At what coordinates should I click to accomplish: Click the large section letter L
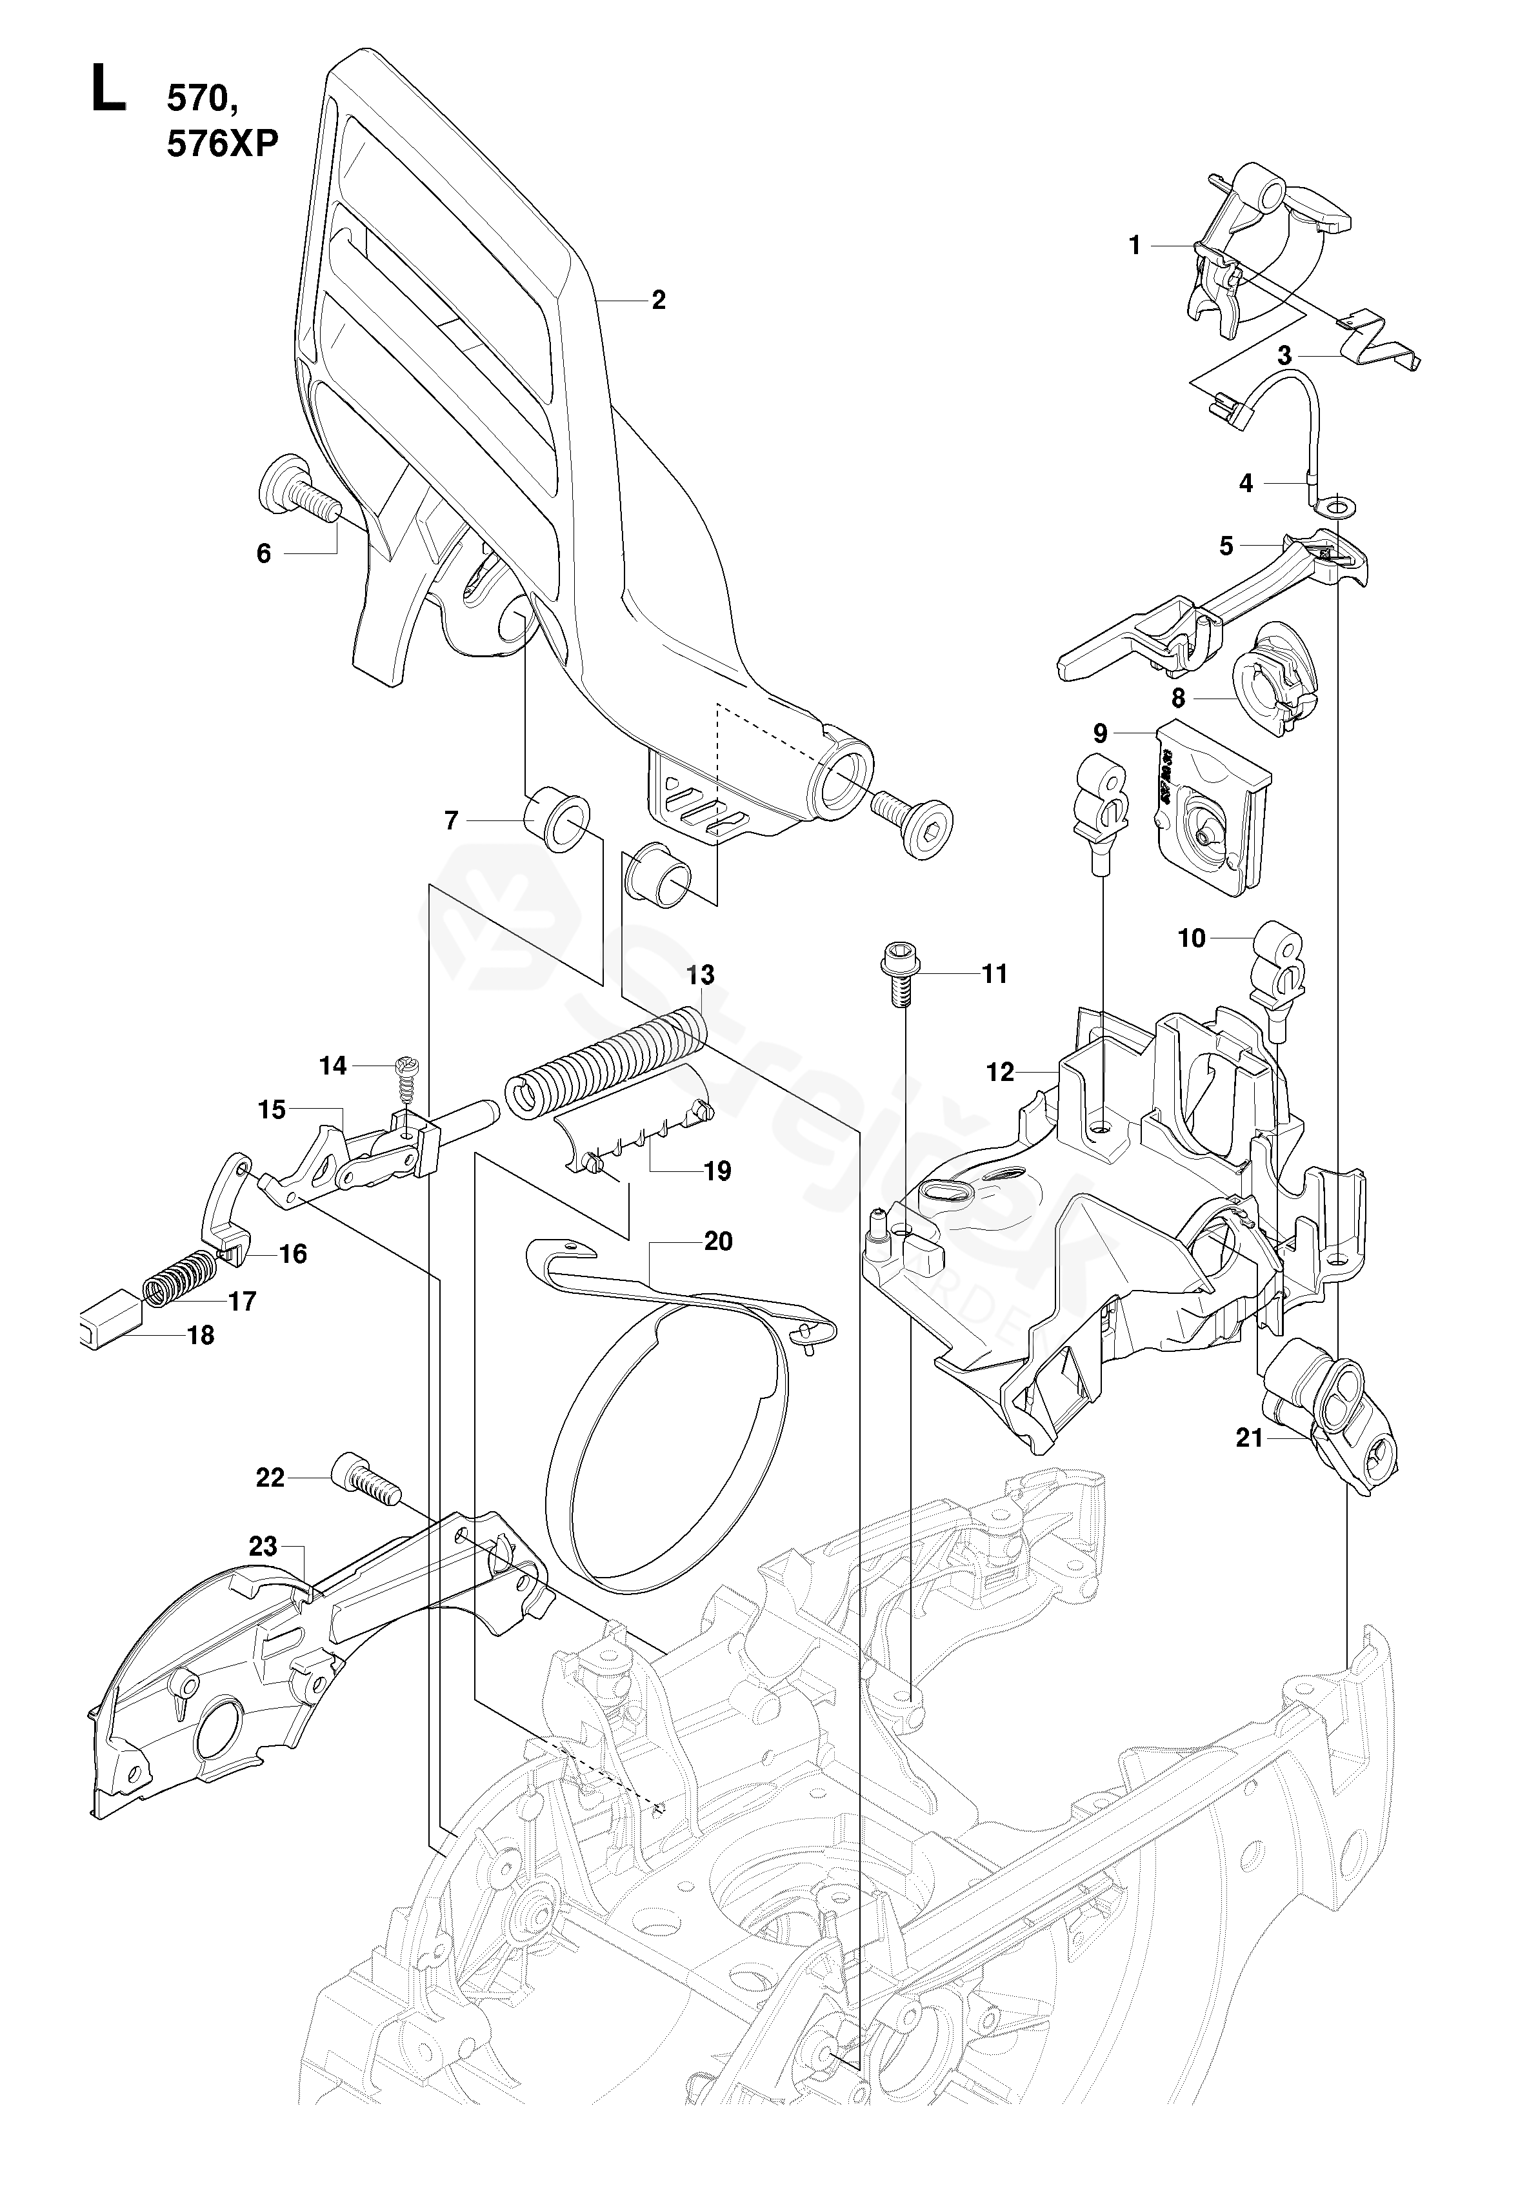(x=107, y=88)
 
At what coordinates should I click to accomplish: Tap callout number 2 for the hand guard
(x=658, y=301)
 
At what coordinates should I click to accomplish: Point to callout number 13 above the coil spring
(x=700, y=975)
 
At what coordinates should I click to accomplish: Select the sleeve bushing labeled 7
(x=559, y=820)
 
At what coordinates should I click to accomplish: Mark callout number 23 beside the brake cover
(x=263, y=1547)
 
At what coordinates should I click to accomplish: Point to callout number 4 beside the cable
(x=1245, y=484)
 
